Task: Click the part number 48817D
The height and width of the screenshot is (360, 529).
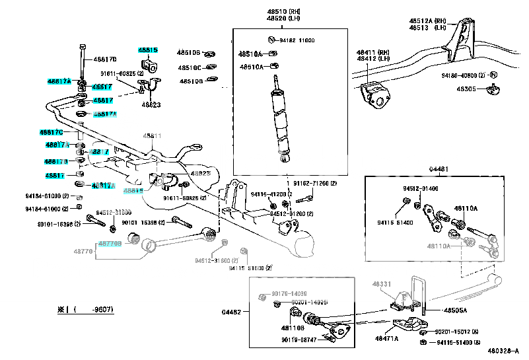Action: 105,59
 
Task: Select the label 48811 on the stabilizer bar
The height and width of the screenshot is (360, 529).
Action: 153,136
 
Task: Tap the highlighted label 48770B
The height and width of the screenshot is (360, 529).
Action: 110,243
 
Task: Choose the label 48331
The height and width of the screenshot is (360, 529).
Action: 382,283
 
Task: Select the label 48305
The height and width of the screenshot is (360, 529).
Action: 466,89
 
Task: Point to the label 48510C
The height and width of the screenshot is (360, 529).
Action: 188,67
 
